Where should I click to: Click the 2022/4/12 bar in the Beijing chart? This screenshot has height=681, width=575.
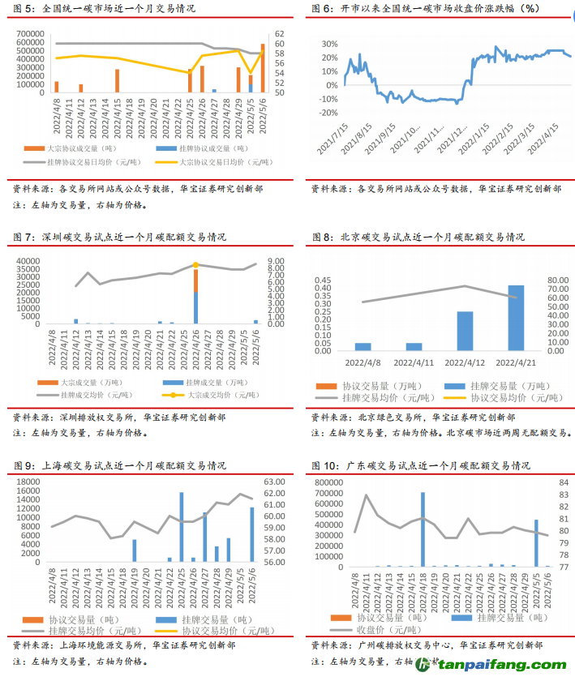point(465,330)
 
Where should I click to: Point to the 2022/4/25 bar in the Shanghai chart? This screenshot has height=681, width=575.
point(182,527)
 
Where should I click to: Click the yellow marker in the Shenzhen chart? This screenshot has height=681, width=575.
point(195,264)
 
